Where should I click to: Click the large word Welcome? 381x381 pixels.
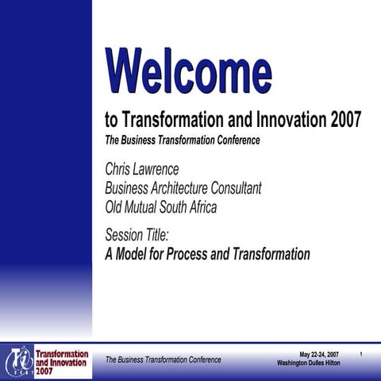pyautogui.click(x=188, y=70)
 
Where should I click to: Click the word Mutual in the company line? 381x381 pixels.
pyautogui.click(x=149, y=208)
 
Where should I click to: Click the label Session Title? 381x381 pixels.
pyautogui.click(x=137, y=235)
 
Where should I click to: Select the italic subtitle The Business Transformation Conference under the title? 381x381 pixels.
pyautogui.click(x=183, y=140)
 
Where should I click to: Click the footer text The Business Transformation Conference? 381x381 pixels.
pyautogui.click(x=163, y=360)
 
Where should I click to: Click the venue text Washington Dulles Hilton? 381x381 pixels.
pyautogui.click(x=314, y=363)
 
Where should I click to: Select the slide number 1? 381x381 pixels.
pyautogui.click(x=361, y=353)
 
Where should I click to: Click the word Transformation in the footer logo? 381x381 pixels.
pyautogui.click(x=62, y=352)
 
